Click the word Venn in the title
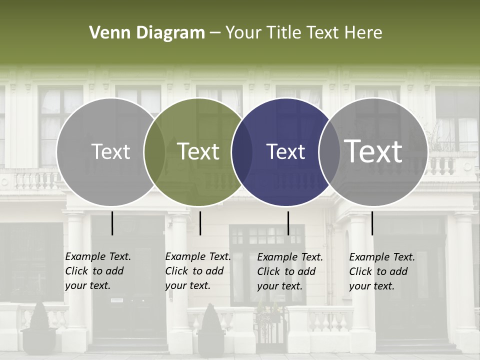tap(106, 33)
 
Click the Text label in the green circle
tap(198, 151)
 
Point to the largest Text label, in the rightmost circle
tap(373, 151)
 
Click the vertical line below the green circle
tap(200, 223)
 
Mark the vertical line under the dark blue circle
tap(288, 223)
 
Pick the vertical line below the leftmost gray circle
tap(112, 223)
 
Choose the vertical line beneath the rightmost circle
tap(372, 223)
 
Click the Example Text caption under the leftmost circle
tap(97, 271)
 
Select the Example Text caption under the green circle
tap(197, 271)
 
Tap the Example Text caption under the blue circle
tap(289, 271)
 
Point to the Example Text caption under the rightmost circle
tap(381, 271)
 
